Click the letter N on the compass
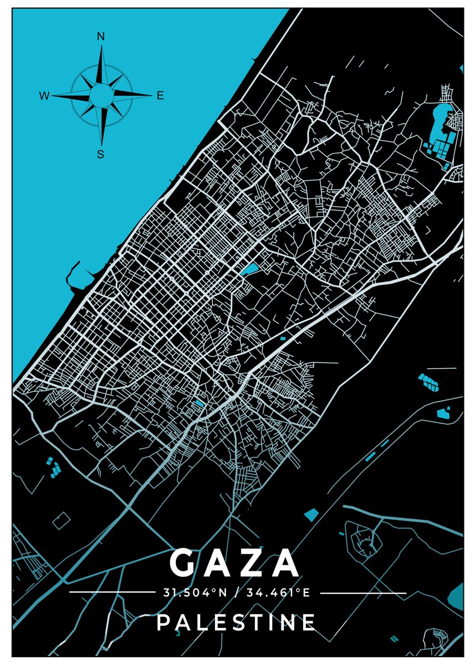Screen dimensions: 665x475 tap(101, 37)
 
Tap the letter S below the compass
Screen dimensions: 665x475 tap(100, 155)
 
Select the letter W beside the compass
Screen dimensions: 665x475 tap(44, 96)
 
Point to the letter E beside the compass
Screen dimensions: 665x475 tap(160, 96)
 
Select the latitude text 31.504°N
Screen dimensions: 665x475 tap(195, 593)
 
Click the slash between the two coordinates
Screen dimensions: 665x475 tap(236, 593)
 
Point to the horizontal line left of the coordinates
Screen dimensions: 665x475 tap(111, 593)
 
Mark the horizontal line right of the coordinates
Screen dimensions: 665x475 tap(363, 593)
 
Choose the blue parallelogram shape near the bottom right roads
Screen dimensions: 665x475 tap(311, 514)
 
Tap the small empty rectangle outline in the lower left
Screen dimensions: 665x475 tap(62, 520)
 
